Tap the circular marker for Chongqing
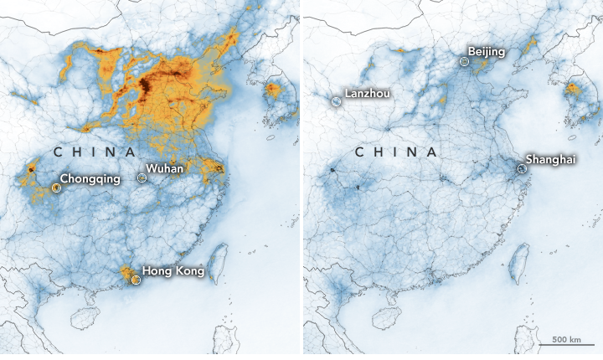56,188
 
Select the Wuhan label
165,169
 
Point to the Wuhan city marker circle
142,177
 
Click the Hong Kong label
173,270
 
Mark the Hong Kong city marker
135,280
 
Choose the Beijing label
487,52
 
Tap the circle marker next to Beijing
464,61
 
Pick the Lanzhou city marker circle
336,101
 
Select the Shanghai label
550,159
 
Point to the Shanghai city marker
521,168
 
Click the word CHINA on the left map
95,152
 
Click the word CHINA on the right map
396,152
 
